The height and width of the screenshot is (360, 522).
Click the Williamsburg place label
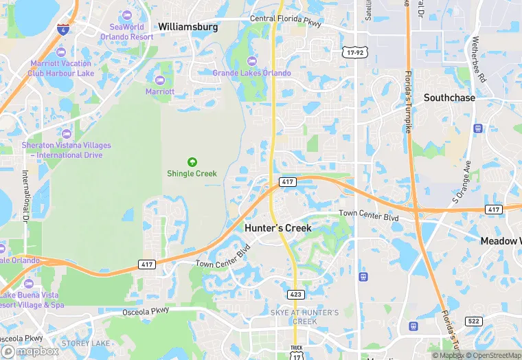coord(188,27)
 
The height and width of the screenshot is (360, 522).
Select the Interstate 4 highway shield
coord(63,30)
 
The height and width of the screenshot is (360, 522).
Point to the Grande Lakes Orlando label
coord(251,73)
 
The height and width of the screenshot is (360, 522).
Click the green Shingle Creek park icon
coord(192,161)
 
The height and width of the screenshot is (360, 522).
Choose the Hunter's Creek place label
coord(277,228)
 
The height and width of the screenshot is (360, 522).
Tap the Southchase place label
coord(449,98)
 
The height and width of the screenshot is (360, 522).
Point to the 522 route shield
coord(473,322)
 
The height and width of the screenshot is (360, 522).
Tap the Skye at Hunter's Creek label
coord(304,317)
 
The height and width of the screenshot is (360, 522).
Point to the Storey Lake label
coord(85,343)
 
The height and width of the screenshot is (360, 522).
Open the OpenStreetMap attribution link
coord(492,355)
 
